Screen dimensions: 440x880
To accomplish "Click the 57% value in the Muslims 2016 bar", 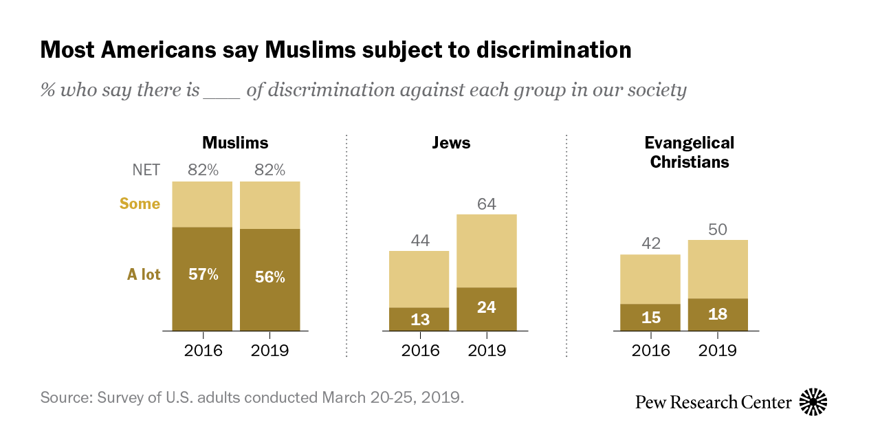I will (x=203, y=275).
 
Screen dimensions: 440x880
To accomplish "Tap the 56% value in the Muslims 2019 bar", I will (x=269, y=277).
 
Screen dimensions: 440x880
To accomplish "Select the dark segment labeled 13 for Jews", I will (x=419, y=319).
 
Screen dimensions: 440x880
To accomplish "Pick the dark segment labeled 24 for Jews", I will (x=486, y=307).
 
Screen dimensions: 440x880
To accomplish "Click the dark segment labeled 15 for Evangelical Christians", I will (x=650, y=317).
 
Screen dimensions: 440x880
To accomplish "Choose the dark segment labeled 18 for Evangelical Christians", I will (x=717, y=314).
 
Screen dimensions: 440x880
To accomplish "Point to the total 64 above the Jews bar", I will (x=486, y=204).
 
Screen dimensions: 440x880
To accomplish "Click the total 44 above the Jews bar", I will (x=419, y=241).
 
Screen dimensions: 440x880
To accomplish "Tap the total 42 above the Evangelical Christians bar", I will (x=650, y=244).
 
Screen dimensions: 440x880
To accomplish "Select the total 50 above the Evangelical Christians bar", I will (x=717, y=230).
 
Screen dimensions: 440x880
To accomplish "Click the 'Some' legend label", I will (x=140, y=204).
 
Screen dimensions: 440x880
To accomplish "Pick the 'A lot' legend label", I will (x=144, y=275).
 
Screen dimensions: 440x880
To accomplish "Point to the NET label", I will (x=145, y=170).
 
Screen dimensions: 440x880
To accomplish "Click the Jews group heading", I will (x=451, y=143).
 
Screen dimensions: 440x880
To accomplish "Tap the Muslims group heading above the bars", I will (x=235, y=143).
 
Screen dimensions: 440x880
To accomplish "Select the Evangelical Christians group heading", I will (x=689, y=153).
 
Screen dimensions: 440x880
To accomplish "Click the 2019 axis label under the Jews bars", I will (x=486, y=350).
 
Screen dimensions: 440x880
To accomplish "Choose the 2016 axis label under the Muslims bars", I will (x=203, y=350).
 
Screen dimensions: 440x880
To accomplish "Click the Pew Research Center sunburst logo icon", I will (x=813, y=401).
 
